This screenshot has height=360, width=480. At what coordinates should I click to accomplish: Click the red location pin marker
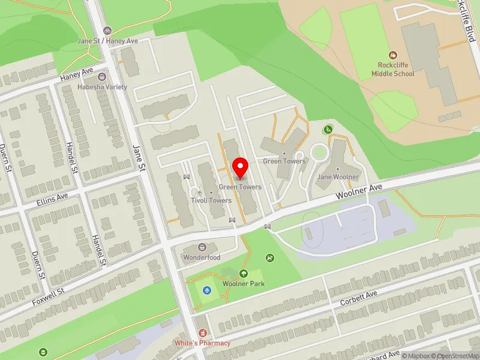point(241,167)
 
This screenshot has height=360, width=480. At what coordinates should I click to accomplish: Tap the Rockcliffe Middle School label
point(392,70)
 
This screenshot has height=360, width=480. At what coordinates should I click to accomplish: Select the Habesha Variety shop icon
point(102,76)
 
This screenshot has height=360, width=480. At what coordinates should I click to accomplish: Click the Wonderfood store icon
point(202,247)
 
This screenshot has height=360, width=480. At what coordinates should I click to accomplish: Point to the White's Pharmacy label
point(202,343)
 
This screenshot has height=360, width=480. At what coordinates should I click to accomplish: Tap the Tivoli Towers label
point(211,200)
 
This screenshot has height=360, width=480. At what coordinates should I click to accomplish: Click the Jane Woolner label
point(338,177)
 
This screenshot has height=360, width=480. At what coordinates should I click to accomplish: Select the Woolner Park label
point(244,284)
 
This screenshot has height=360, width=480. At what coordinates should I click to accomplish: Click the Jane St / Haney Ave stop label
point(108,41)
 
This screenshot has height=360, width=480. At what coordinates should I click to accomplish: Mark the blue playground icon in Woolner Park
point(207,291)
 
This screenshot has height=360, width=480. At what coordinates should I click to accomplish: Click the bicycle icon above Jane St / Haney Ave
point(107,30)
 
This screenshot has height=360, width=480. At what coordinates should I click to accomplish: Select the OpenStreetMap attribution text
point(455,356)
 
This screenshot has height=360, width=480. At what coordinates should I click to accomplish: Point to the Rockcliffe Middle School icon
point(393,55)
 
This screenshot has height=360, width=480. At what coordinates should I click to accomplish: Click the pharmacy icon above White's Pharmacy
point(202,332)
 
